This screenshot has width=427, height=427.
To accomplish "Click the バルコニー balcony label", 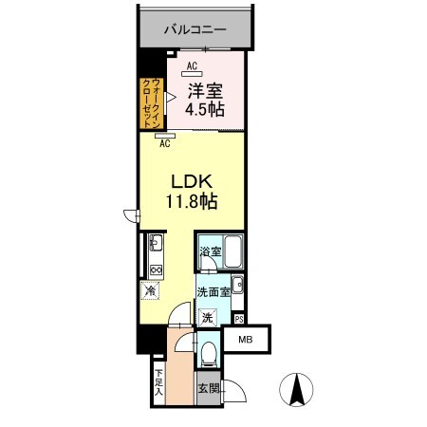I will tap(195, 29).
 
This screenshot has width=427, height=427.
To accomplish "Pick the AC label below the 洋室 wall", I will tap(164, 143).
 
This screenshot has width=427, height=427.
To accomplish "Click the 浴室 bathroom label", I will tap(210, 251).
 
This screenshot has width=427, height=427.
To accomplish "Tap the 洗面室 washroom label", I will tap(213, 293).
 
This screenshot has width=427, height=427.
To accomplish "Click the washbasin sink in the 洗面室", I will tap(238, 284).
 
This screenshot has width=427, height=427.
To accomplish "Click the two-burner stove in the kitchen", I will tap(156, 269).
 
